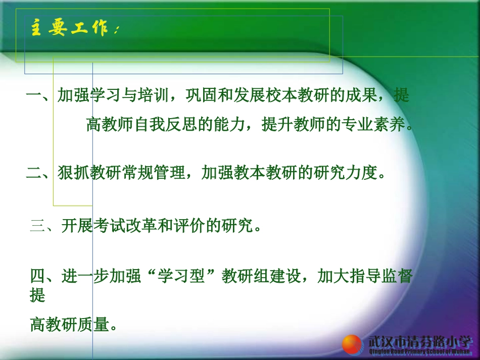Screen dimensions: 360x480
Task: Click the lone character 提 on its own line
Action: (x=38, y=295)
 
